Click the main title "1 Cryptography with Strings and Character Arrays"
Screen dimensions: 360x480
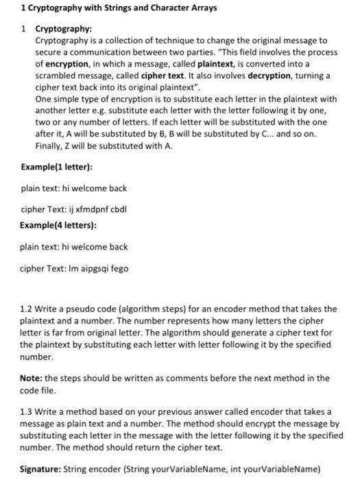119,8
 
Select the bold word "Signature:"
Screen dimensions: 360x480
42,470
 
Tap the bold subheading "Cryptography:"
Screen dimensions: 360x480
63,29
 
